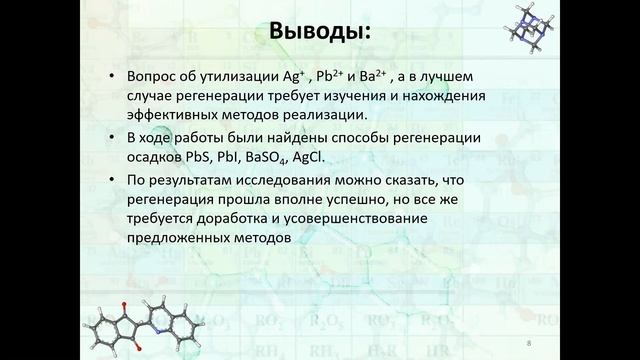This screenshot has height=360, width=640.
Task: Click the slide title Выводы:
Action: pos(320,33)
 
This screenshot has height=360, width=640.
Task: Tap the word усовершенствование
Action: pos(345,220)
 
